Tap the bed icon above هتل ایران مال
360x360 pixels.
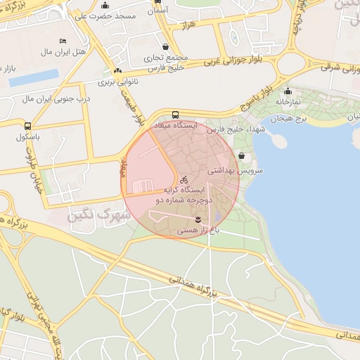63,41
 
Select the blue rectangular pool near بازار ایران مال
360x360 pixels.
34,77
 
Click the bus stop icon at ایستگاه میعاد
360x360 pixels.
175,115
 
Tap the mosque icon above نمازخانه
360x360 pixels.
288,91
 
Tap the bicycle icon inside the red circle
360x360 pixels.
184,179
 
